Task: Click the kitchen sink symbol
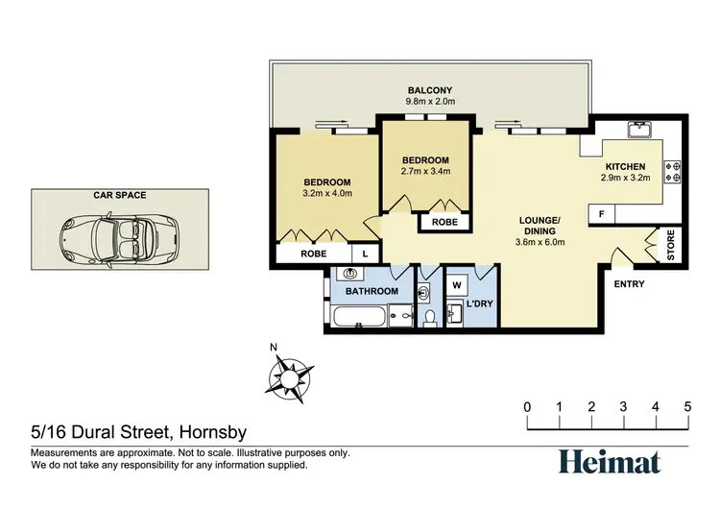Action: tap(638, 129)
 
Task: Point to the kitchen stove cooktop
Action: tap(676, 171)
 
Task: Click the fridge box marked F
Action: tap(602, 214)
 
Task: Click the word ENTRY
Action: tap(629, 284)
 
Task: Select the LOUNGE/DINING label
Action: tap(540, 225)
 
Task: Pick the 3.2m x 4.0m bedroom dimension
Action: tap(327, 193)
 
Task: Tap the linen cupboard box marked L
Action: tap(365, 254)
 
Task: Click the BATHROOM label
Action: tap(372, 291)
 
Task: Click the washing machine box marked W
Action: tap(457, 284)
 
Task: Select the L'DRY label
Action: tap(479, 304)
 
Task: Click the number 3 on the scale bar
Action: tap(623, 406)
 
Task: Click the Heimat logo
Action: tap(610, 462)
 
